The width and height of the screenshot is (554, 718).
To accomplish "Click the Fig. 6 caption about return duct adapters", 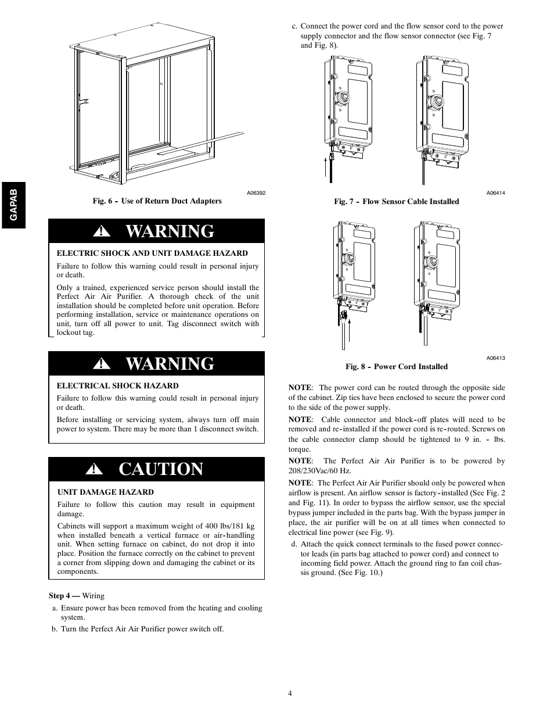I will [157, 201].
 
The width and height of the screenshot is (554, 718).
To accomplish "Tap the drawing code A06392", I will [256, 193].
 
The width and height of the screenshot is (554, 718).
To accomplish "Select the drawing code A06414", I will [495, 193].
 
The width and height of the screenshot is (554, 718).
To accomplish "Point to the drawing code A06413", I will [495, 358].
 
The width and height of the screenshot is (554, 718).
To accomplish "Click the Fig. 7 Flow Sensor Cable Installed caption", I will [396, 202].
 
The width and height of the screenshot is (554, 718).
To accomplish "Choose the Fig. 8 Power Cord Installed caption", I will [397, 367].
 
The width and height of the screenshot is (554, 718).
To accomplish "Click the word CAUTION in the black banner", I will [161, 469].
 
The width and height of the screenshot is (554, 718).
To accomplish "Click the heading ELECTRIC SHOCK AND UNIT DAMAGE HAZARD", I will [152, 253].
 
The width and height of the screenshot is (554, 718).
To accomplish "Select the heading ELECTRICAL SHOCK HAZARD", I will [117, 386].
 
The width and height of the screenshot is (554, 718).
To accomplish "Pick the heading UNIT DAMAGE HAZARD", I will [105, 492].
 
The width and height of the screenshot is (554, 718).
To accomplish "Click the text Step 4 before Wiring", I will [63, 595].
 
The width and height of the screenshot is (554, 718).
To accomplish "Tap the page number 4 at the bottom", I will [289, 693].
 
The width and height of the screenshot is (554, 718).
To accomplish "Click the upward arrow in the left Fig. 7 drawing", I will [326, 166].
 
